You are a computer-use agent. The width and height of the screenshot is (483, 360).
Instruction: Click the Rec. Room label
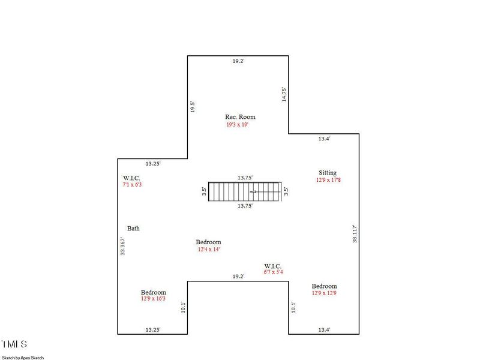point(240,117)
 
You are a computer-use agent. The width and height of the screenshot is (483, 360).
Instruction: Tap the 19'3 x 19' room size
point(237,125)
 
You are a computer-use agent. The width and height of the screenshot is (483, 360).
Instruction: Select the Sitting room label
point(328,172)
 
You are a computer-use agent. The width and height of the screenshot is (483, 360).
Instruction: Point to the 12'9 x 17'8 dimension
point(329,180)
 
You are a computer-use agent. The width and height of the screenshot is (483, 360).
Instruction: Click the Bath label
point(133,229)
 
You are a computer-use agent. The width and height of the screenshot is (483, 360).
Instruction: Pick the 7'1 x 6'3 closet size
point(132,185)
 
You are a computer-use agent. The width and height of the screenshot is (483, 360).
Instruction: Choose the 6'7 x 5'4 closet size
point(273,272)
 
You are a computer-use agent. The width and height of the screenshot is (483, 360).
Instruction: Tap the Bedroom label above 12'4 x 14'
point(208,242)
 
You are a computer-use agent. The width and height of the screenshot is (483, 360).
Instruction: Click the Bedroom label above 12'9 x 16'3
point(154,292)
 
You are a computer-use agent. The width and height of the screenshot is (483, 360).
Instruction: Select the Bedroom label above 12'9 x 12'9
point(324,286)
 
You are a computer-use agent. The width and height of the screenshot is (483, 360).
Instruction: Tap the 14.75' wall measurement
point(284,95)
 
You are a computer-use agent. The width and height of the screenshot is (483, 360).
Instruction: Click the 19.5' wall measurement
point(193,107)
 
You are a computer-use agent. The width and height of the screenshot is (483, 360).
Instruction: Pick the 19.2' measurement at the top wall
point(239,61)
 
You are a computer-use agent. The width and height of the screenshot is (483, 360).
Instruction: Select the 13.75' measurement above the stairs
point(245,178)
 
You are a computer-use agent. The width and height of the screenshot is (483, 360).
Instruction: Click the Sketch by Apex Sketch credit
point(23,357)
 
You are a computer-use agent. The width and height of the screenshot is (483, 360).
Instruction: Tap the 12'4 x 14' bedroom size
point(209,250)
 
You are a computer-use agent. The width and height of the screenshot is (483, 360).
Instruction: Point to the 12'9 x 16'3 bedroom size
point(154,299)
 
